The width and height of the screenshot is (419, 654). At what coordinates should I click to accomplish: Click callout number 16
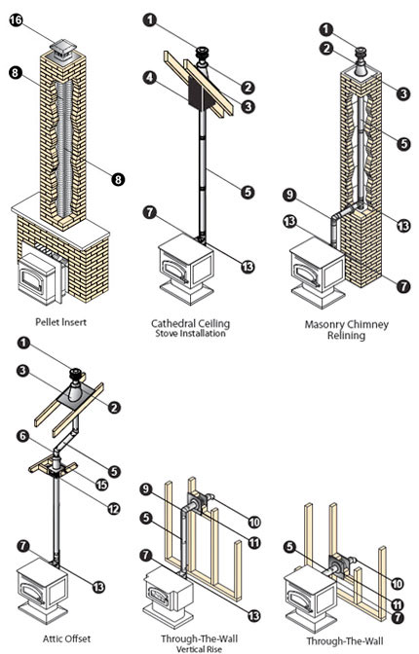[17, 21]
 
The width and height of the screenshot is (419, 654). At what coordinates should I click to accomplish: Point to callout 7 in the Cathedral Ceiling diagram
[149, 210]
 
